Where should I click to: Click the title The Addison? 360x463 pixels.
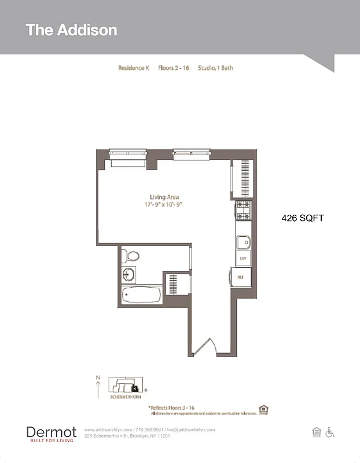coord(71,30)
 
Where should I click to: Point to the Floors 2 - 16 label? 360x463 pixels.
coord(174,68)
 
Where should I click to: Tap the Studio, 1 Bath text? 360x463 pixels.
coord(215,68)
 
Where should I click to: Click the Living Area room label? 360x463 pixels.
coord(164,197)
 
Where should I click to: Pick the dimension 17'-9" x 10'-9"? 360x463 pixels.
coord(164,205)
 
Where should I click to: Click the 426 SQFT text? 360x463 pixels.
coord(302,218)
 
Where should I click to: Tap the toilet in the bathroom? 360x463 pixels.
coord(131,255)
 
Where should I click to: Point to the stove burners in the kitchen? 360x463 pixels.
coord(243,211)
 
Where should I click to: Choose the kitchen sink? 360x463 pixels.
coord(243,242)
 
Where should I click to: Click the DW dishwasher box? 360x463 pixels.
coord(243,259)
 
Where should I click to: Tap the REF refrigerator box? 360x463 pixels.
coord(241,277)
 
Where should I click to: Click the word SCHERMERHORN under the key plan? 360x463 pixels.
coord(126,397)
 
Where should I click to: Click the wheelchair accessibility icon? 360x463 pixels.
coord(330,432)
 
